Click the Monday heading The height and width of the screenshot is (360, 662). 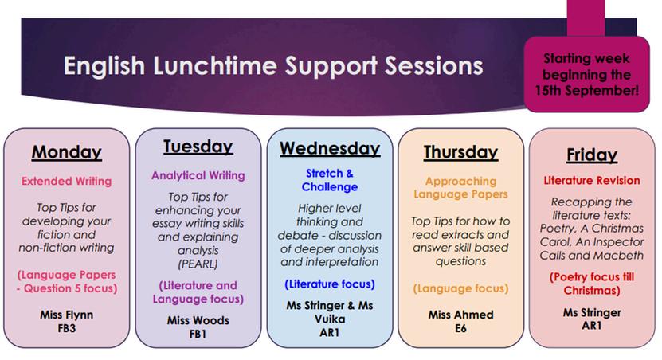[x=67, y=152]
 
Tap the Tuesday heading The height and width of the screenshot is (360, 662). [x=198, y=147]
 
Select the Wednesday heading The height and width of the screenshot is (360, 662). [x=330, y=149]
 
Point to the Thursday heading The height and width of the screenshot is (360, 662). [x=460, y=152]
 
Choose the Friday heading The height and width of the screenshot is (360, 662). [x=592, y=155]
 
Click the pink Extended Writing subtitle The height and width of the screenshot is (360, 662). [x=67, y=181]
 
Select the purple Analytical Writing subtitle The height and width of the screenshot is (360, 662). [x=198, y=175]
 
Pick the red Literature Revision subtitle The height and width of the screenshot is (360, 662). [x=592, y=181]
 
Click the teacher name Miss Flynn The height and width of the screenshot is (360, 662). [x=67, y=315]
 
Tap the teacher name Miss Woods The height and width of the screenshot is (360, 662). [x=198, y=320]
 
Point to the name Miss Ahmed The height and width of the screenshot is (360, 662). [x=460, y=315]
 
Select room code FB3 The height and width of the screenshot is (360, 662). [x=67, y=328]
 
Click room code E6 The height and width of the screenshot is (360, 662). [x=460, y=328]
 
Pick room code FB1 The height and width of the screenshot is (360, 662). [x=198, y=334]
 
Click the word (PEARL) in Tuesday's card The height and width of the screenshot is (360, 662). [x=198, y=264]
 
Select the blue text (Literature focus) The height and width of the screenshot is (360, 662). [x=330, y=284]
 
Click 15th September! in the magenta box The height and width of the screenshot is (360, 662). [x=587, y=90]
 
